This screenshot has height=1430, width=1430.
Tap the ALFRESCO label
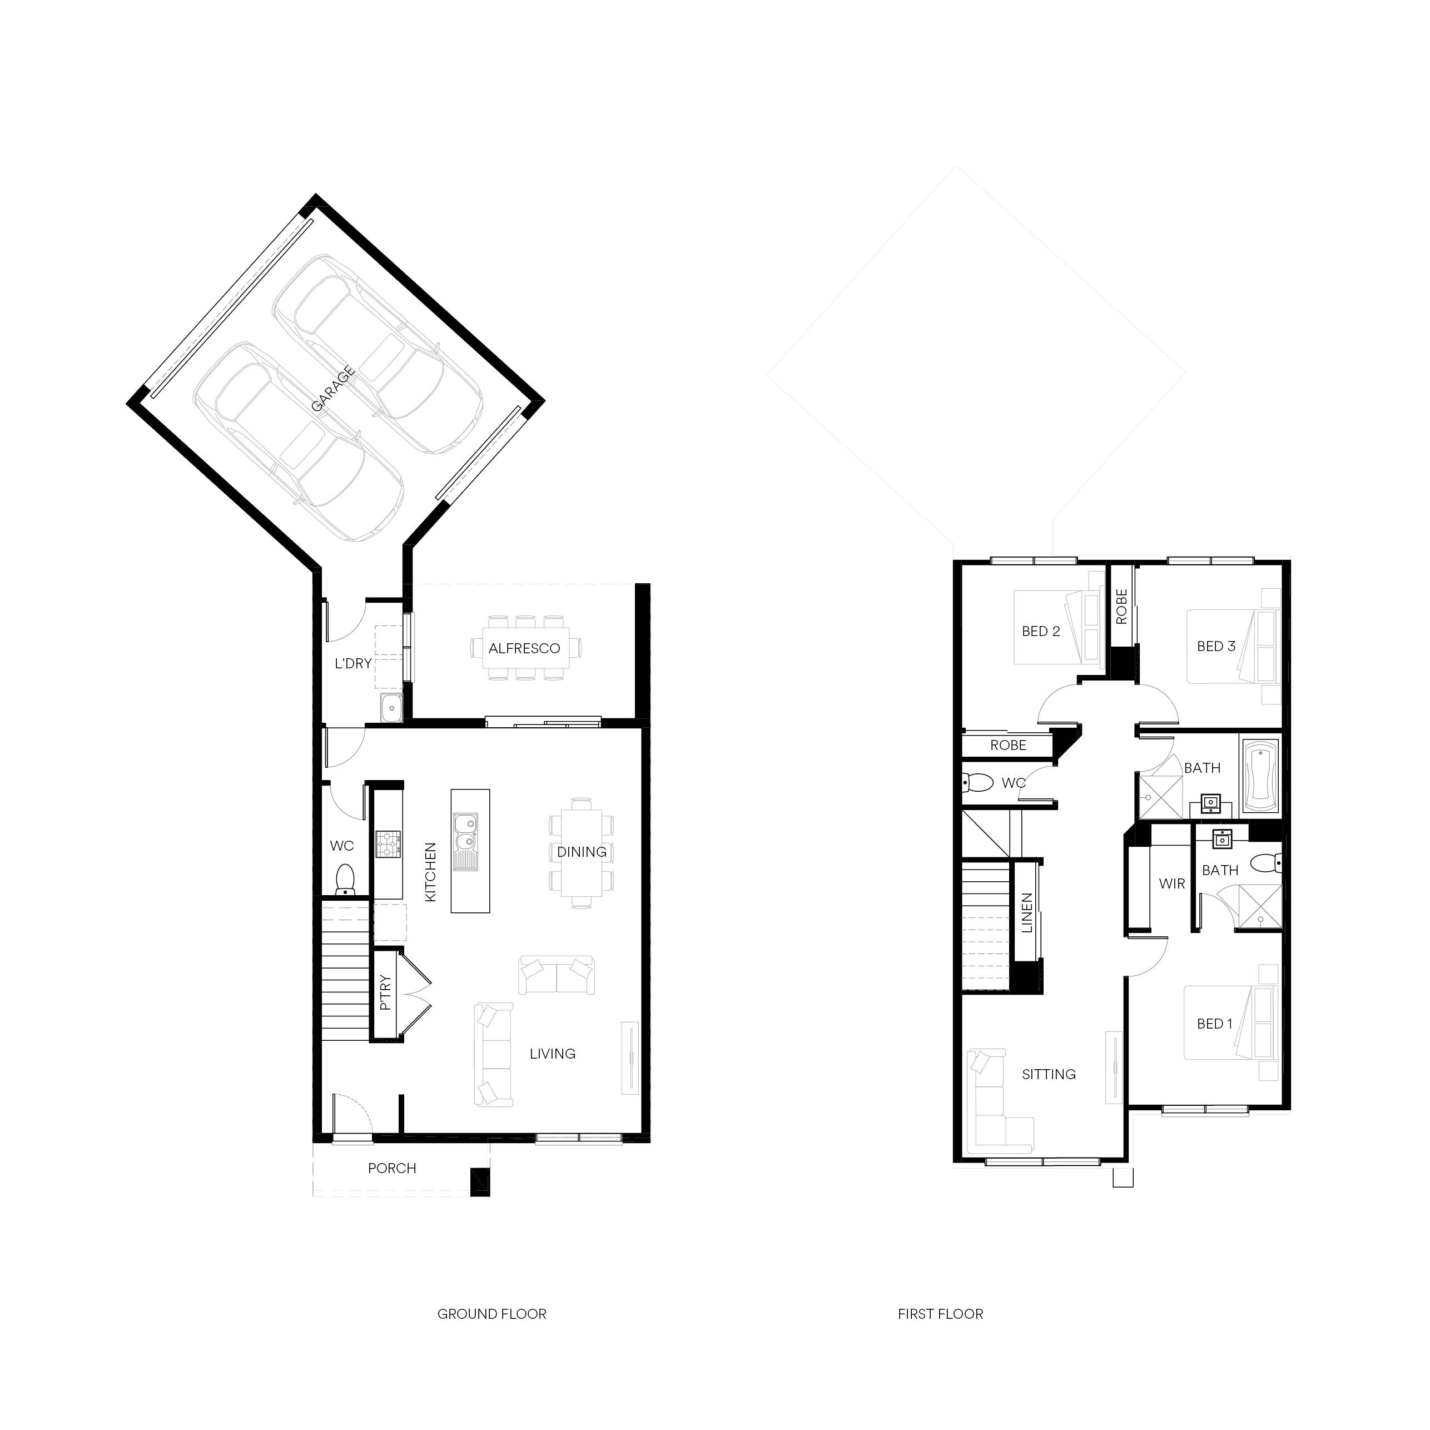524,648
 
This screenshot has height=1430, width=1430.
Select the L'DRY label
353,663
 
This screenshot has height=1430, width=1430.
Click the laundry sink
391,708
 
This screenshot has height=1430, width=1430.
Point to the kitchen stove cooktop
389,844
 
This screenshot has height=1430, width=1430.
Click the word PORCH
393,1168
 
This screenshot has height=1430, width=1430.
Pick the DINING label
582,852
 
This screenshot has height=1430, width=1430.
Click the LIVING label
553,1053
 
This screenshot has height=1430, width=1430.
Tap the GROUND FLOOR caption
492,1314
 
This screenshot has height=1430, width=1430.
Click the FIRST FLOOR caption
941,1314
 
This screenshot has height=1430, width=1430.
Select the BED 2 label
1041,632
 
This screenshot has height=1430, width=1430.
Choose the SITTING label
1049,1074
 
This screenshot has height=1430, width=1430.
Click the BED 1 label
1215,1024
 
